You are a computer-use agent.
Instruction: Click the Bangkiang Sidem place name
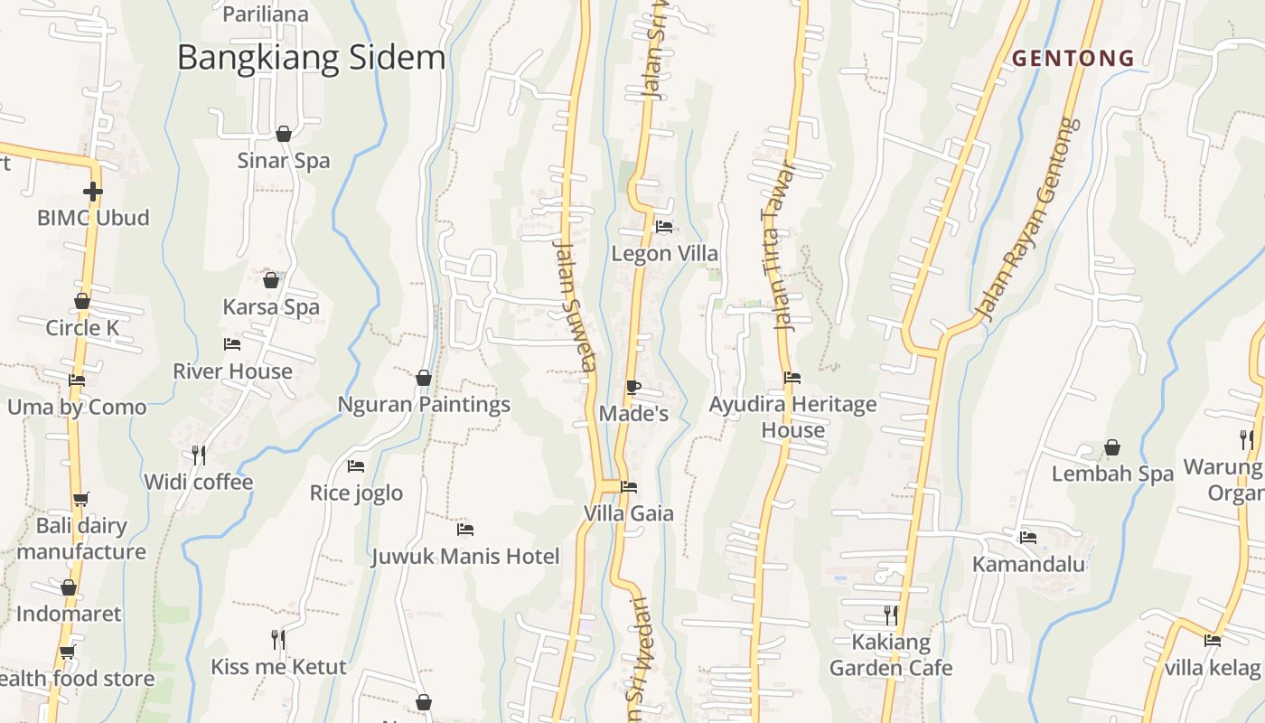click(311, 58)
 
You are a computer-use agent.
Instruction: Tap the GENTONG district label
click(1073, 59)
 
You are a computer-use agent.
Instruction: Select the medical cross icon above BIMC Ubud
click(92, 192)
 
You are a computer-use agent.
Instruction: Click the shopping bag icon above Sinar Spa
click(284, 135)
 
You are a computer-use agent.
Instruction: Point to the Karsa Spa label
click(271, 306)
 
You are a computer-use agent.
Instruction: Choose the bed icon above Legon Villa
click(664, 227)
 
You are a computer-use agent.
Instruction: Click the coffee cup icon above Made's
click(633, 388)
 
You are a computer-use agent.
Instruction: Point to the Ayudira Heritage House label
click(792, 417)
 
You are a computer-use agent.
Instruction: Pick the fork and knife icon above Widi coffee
click(199, 455)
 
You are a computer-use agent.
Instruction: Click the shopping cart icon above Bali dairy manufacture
click(81, 499)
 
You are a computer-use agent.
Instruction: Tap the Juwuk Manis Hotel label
click(465, 556)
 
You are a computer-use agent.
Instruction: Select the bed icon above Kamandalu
click(1028, 537)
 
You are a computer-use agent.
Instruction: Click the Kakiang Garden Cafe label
click(891, 655)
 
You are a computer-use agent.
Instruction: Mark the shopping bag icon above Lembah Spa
click(1112, 447)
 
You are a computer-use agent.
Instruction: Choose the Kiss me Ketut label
click(278, 667)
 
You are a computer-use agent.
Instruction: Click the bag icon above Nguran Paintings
click(423, 378)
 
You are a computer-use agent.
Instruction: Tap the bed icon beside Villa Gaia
click(630, 487)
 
